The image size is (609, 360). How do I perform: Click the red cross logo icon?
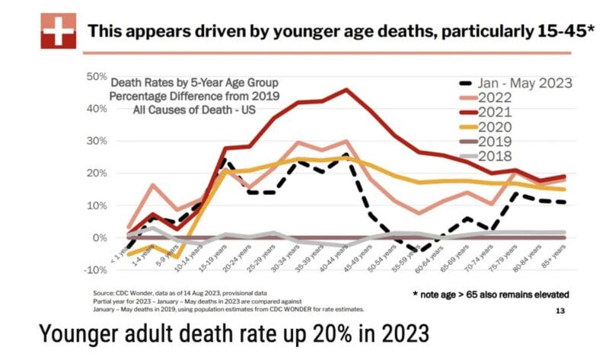[x=56, y=31]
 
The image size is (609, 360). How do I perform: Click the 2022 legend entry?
[x=497, y=98]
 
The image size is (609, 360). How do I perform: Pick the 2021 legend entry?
[x=497, y=112]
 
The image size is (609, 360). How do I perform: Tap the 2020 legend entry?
[x=497, y=126]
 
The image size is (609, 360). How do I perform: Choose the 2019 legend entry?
[x=497, y=141]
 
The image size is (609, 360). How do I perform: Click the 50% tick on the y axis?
[x=96, y=76]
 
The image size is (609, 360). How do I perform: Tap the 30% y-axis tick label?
[x=96, y=141]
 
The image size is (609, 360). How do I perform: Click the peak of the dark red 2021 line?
[x=347, y=90]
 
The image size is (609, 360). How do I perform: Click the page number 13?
[x=560, y=311]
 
